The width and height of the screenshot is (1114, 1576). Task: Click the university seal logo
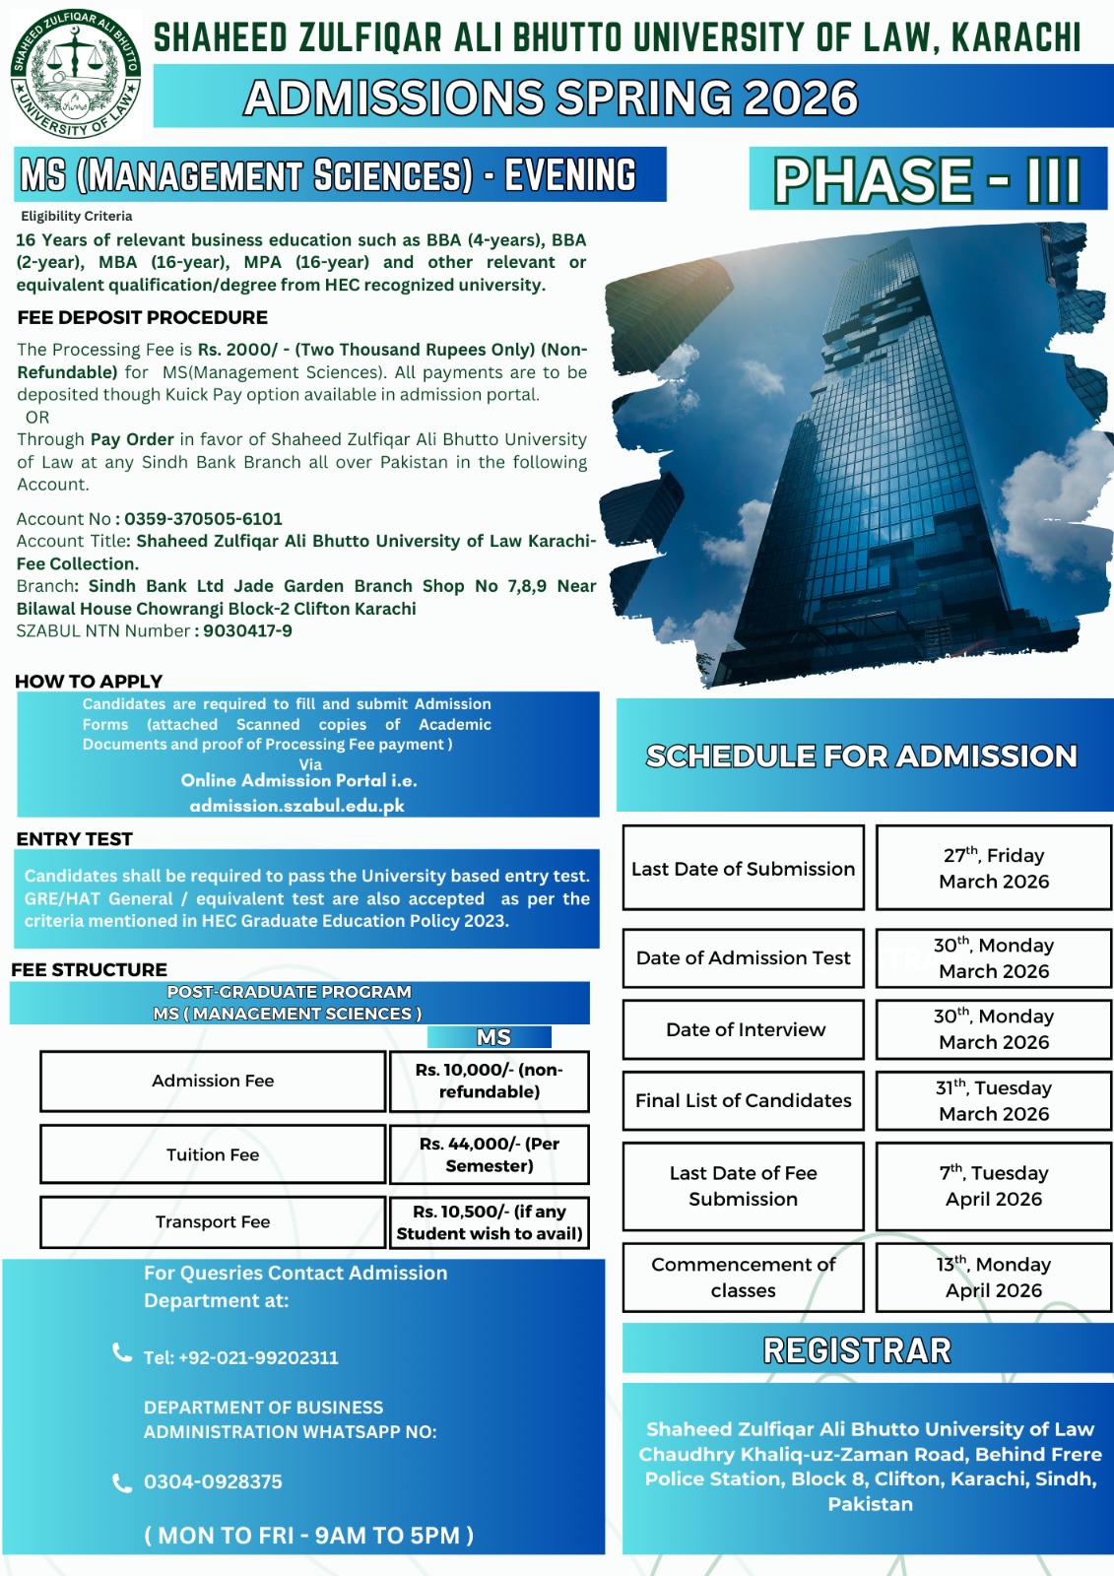pyautogui.click(x=75, y=75)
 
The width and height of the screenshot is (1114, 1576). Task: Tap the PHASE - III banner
pyautogui.click(x=927, y=179)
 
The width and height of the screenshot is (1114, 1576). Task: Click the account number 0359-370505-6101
pyautogui.click(x=203, y=519)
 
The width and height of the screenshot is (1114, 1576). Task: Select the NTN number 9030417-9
pyautogui.click(x=247, y=631)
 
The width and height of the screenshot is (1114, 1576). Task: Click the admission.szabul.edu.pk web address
pyautogui.click(x=296, y=806)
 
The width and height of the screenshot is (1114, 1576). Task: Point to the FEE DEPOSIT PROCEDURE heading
pyautogui.click(x=142, y=317)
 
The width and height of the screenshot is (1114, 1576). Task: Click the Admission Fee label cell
pyautogui.click(x=213, y=1082)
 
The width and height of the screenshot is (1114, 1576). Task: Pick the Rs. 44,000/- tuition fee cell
pyautogui.click(x=490, y=1154)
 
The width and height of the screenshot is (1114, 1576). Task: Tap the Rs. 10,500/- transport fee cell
pyautogui.click(x=490, y=1222)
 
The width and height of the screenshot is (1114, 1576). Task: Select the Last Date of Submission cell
pyautogui.click(x=743, y=869)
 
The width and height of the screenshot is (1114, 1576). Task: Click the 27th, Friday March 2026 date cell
pyautogui.click(x=994, y=869)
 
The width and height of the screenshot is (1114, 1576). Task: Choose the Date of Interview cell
pyautogui.click(x=745, y=1029)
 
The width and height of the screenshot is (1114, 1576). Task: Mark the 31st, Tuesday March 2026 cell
pyautogui.click(x=994, y=1101)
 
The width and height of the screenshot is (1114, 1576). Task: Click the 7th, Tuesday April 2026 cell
pyautogui.click(x=994, y=1186)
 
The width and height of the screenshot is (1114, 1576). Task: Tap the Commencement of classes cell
pyautogui.click(x=743, y=1278)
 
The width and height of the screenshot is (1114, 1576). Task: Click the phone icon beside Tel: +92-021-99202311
pyautogui.click(x=122, y=1353)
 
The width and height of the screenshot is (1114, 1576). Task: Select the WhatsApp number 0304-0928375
pyautogui.click(x=213, y=1482)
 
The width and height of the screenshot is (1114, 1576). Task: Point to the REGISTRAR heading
pyautogui.click(x=857, y=1350)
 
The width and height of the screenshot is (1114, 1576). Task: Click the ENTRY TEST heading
pyautogui.click(x=74, y=839)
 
